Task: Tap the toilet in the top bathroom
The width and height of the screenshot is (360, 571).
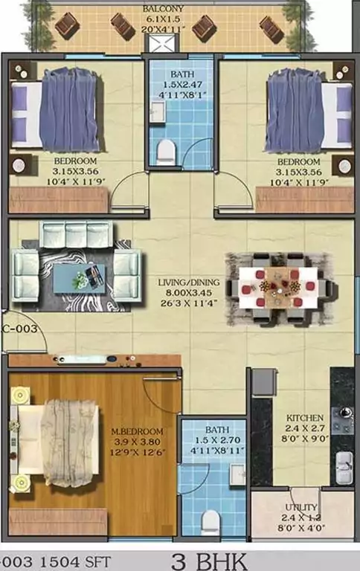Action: point(167,150)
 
